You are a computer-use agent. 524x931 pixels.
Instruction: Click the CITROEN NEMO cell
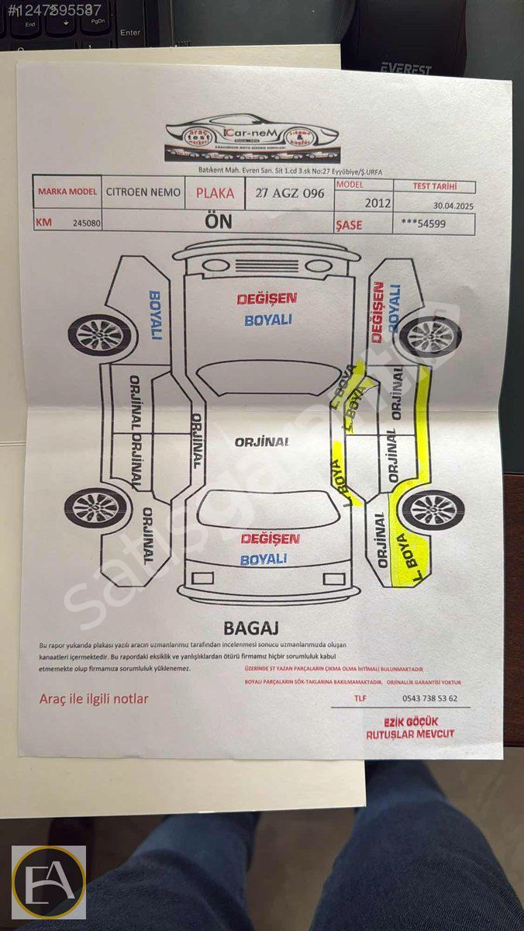[143, 192]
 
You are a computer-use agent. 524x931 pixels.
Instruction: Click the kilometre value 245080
[87, 223]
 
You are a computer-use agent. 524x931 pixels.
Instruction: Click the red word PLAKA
[215, 193]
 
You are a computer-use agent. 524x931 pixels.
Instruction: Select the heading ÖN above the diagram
[218, 222]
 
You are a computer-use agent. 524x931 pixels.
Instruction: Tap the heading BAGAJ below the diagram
[250, 628]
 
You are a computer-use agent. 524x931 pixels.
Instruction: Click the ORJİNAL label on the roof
[262, 441]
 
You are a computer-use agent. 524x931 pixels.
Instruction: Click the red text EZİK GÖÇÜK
[411, 722]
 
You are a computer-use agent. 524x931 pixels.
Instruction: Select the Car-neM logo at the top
[252, 140]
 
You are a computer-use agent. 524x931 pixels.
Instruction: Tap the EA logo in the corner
[48, 882]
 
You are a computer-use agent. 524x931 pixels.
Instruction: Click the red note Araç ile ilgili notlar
[94, 699]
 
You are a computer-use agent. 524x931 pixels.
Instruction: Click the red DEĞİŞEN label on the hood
[267, 299]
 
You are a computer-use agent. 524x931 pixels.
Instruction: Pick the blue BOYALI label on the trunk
[264, 559]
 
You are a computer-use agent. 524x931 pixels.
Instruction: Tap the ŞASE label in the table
[349, 224]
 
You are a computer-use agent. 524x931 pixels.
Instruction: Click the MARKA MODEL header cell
[67, 192]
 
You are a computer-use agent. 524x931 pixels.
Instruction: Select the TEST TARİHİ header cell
[434, 186]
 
